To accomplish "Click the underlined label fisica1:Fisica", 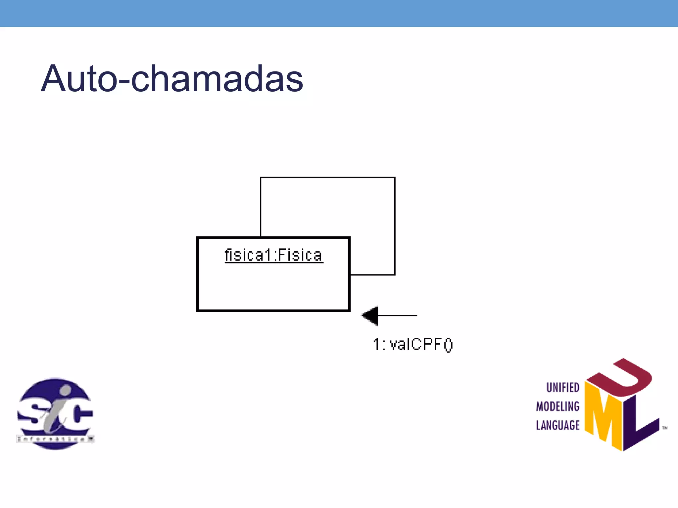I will (273, 255).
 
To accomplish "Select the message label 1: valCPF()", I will (412, 345).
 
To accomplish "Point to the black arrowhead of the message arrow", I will (370, 316).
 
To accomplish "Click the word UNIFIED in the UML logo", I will (562, 387).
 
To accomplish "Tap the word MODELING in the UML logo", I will (558, 406).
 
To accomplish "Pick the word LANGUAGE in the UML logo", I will (558, 425).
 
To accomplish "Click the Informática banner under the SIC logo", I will (55, 439).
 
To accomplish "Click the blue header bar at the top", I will (339, 13).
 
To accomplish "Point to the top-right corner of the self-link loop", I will (395, 178).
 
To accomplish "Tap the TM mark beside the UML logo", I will (664, 428).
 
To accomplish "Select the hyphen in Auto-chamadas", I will (124, 81).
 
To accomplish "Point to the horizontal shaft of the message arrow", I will (397, 316).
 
